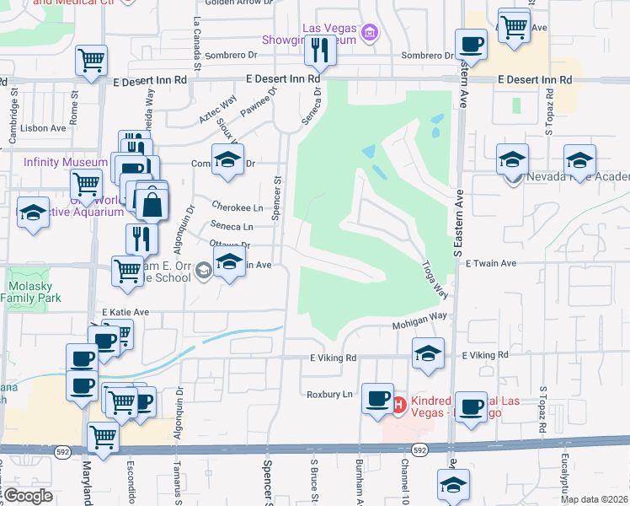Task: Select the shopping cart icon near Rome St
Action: click(91, 60)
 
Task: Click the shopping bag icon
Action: click(152, 204)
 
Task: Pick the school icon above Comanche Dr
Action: click(226, 159)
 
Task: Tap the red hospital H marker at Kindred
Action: click(398, 405)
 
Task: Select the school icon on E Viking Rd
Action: click(428, 353)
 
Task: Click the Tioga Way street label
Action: click(435, 278)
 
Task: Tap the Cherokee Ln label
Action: click(238, 207)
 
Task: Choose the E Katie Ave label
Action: click(125, 312)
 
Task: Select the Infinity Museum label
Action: click(65, 162)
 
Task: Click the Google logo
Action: click(29, 496)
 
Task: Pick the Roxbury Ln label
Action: click(329, 394)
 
